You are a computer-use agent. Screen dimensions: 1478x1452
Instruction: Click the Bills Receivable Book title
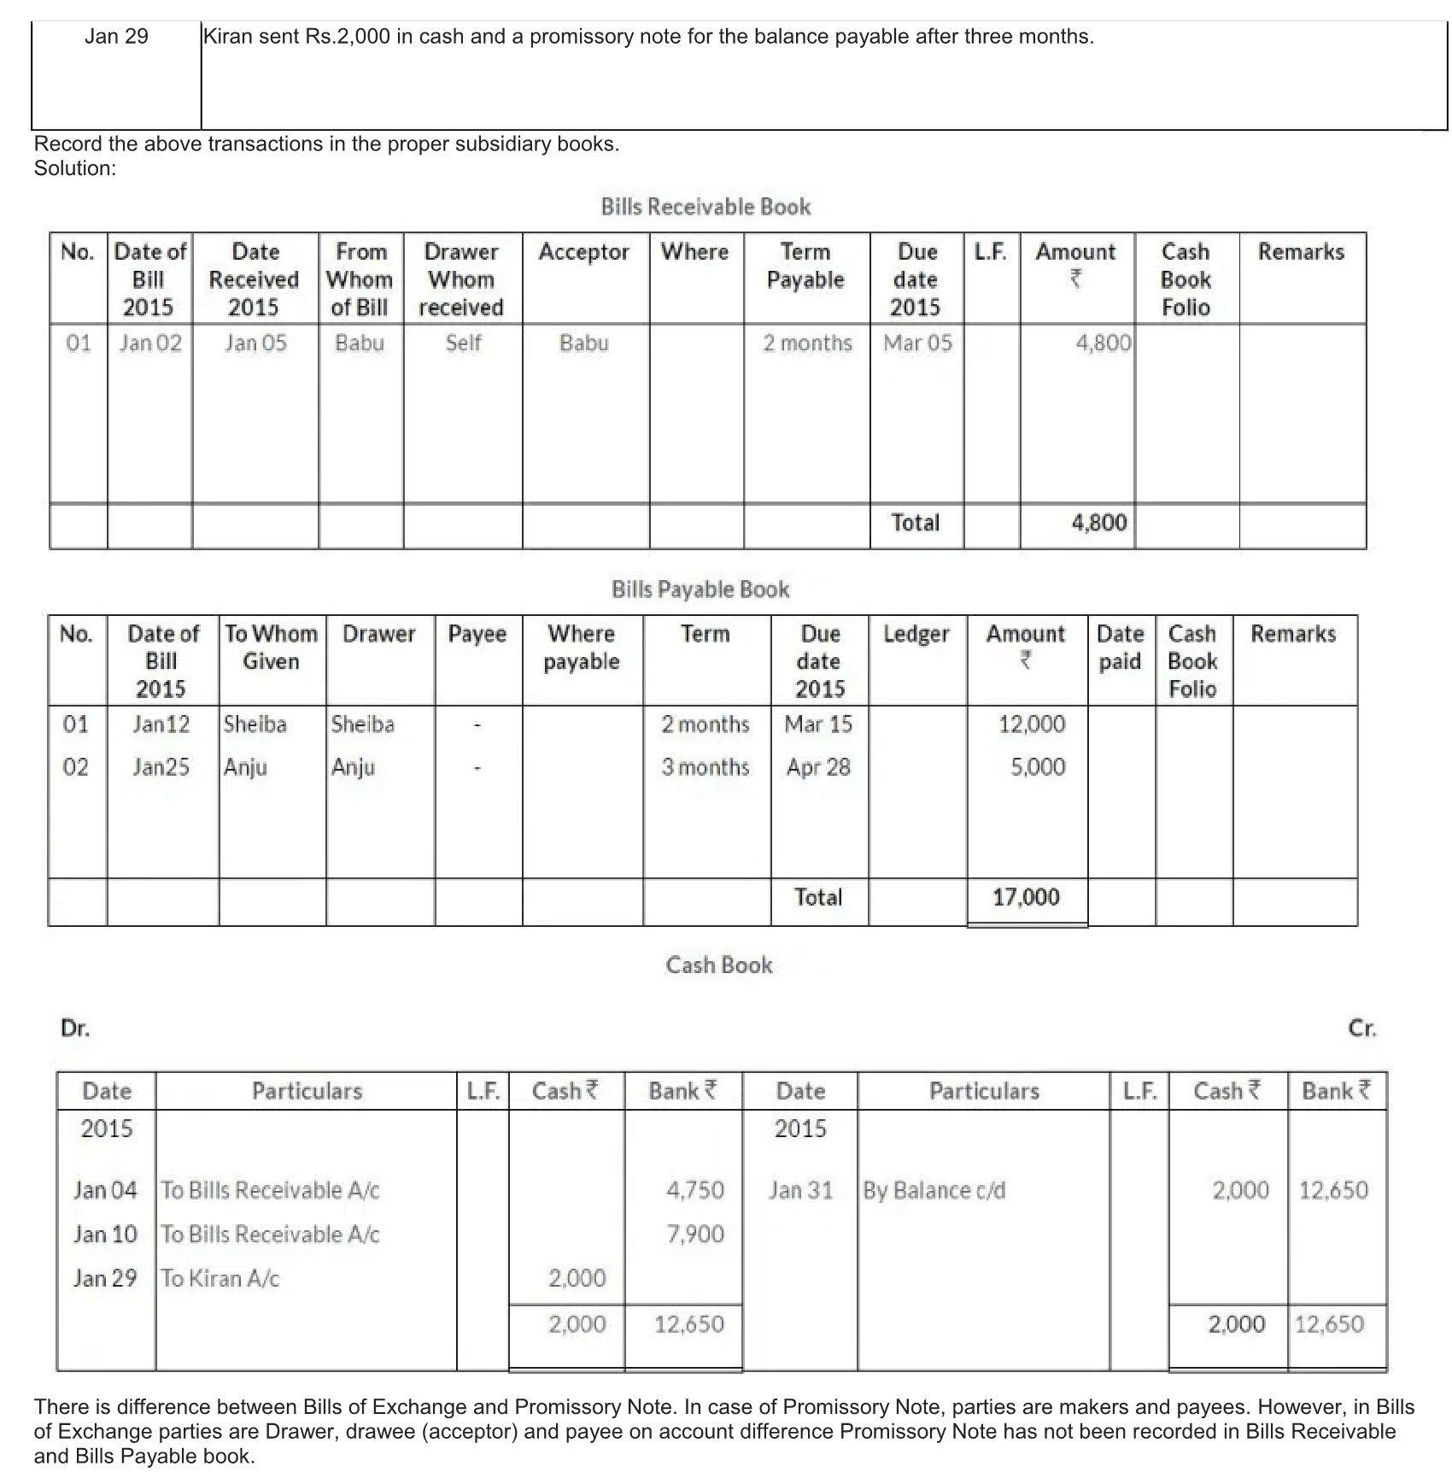(x=706, y=207)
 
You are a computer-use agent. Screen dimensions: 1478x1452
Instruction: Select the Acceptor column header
(x=583, y=252)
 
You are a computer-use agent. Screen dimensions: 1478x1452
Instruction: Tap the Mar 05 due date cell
(x=917, y=343)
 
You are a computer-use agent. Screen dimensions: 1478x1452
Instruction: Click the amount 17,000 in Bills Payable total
(x=1026, y=897)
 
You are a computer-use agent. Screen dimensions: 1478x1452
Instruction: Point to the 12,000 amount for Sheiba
(x=1032, y=724)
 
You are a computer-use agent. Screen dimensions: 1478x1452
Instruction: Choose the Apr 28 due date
(x=818, y=767)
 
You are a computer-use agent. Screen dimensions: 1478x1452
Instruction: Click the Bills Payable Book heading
(x=700, y=589)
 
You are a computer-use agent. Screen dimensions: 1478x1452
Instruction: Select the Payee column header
(x=477, y=634)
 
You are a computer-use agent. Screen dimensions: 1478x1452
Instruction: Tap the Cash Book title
(x=719, y=965)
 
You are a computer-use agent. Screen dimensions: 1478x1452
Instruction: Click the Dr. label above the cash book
(x=75, y=1029)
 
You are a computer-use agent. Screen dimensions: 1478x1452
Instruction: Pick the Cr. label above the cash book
(x=1361, y=1029)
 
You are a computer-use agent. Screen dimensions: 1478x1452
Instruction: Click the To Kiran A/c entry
(x=220, y=1279)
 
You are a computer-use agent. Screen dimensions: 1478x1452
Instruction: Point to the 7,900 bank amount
(x=695, y=1235)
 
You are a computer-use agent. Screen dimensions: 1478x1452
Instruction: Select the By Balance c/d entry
(x=934, y=1191)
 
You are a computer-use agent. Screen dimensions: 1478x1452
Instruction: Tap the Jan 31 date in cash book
(x=800, y=1191)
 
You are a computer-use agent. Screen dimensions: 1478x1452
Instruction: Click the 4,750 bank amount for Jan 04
(x=695, y=1191)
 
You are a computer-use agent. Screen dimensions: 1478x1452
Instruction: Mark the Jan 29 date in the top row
(x=116, y=37)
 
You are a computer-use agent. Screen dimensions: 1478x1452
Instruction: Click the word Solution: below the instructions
(x=75, y=168)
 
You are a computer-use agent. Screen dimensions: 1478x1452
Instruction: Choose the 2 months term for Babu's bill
(x=807, y=343)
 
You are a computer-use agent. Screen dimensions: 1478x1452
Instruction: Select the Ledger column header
(x=916, y=634)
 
